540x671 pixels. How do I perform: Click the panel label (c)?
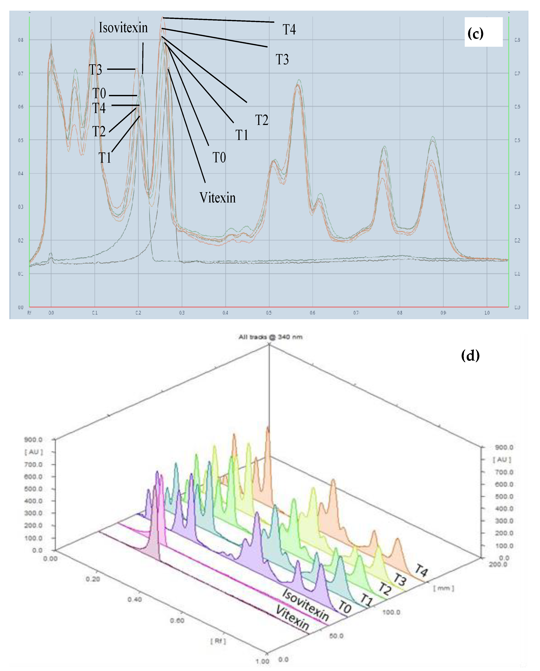(x=475, y=34)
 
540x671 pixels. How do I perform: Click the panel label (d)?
(x=470, y=355)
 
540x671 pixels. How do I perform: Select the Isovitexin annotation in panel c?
(x=123, y=28)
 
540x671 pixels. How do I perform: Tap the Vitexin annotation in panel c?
(x=217, y=198)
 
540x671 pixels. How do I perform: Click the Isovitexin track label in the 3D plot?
(x=305, y=605)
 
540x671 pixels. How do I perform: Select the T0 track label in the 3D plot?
(x=345, y=607)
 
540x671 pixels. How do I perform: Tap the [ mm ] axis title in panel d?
(x=443, y=588)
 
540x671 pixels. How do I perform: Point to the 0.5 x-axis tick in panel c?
(x=269, y=313)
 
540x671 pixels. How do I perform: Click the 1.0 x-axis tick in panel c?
(x=487, y=313)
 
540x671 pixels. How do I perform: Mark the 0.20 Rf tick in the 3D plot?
(x=93, y=579)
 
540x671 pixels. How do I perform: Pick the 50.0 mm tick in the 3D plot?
(x=336, y=636)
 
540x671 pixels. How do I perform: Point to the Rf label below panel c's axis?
(x=29, y=313)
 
